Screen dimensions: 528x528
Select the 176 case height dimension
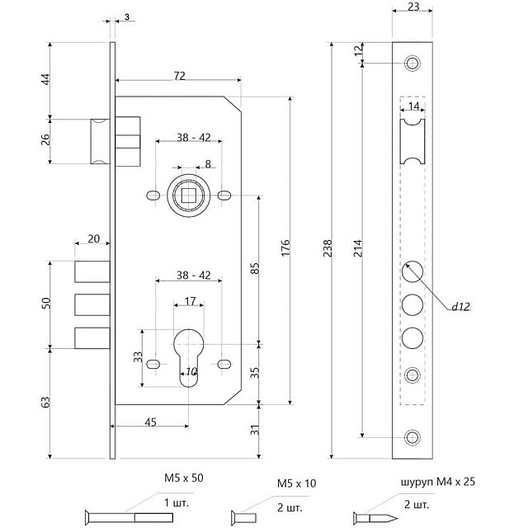coord(285,251)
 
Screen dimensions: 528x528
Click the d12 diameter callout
coord(460,307)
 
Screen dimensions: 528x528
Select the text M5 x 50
coord(184,478)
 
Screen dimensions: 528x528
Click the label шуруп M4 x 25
coord(427,482)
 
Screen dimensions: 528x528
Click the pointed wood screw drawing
coord(375,517)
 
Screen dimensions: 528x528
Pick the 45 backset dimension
coord(150,422)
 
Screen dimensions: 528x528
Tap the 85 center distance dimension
coord(254,267)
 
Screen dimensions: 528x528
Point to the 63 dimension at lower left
coord(46,402)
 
